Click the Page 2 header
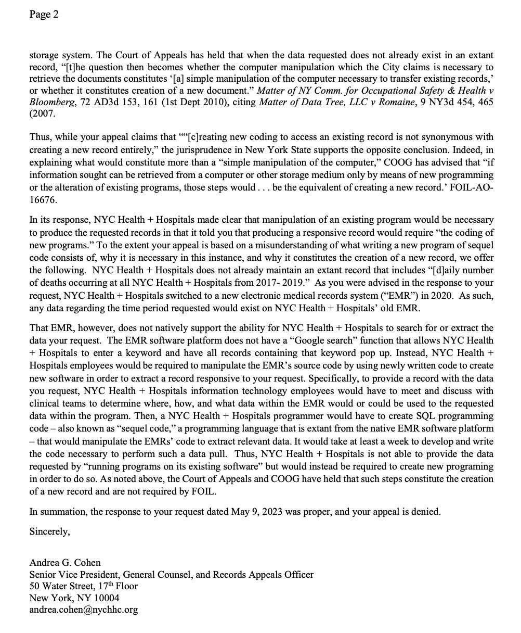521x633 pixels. [x=44, y=15]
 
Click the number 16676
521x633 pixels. [x=43, y=199]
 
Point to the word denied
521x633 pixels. [x=425, y=511]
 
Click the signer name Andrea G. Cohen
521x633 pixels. [x=65, y=562]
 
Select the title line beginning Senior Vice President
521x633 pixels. [x=171, y=574]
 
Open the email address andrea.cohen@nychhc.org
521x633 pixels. [x=83, y=610]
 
